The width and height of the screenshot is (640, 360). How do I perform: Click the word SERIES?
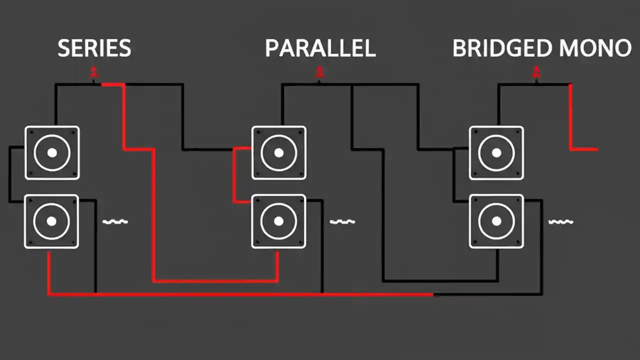pos(94,48)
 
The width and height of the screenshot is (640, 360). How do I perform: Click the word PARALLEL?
pos(320,48)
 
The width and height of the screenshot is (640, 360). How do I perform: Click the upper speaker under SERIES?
pos(52,152)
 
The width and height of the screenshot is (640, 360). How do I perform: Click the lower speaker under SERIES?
pos(51,221)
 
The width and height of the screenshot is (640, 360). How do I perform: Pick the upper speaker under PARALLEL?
pos(279,152)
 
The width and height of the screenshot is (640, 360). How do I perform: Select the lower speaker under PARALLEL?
pos(278,221)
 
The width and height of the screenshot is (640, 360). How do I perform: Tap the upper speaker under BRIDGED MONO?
pos(496,152)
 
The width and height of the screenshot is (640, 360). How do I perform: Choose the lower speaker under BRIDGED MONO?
pos(496,221)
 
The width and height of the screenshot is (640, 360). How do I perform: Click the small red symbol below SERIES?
pos(93,72)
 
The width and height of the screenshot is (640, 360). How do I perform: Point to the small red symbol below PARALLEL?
pos(319,72)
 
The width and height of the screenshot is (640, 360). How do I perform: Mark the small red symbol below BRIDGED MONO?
pos(536,72)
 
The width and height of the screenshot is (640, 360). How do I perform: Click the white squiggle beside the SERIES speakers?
pos(115,221)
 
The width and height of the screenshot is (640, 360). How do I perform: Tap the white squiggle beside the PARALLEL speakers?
pos(342,221)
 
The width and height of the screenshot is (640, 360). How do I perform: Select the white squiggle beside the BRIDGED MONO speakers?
pos(560,221)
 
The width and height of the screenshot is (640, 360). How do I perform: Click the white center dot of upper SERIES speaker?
pos(52,152)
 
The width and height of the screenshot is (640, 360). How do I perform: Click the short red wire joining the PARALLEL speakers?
pos(234,175)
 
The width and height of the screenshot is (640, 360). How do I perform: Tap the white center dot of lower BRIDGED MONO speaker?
pos(496,221)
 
